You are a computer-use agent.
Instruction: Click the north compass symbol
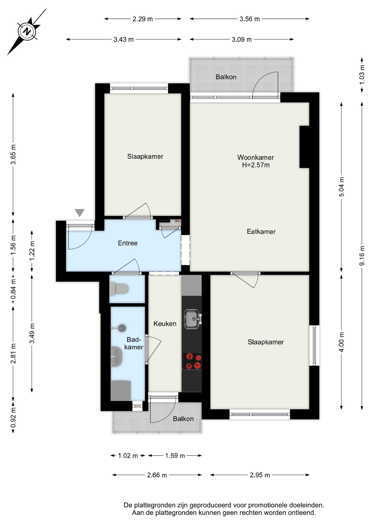[27, 31]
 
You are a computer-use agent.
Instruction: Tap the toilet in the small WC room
[119, 289]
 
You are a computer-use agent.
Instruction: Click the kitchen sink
[192, 319]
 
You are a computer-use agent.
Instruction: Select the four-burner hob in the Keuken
[192, 361]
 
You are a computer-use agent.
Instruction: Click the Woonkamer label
[255, 157]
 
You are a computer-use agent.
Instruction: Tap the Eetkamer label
[261, 232]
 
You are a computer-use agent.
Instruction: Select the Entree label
[128, 243]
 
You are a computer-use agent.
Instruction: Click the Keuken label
[165, 324]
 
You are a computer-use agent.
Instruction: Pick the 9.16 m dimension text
[362, 256]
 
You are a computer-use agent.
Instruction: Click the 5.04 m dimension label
[341, 187]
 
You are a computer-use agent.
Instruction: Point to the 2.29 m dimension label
[143, 19]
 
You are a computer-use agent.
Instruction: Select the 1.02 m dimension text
[128, 456]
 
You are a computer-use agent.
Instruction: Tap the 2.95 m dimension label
[260, 475]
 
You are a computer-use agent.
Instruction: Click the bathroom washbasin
[116, 357]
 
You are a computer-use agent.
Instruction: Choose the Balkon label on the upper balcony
[226, 77]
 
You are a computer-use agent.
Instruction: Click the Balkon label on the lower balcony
[183, 419]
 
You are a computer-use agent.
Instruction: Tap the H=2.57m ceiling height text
[256, 165]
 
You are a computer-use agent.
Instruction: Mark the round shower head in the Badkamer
[122, 328]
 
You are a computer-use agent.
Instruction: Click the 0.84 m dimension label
[13, 289]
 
